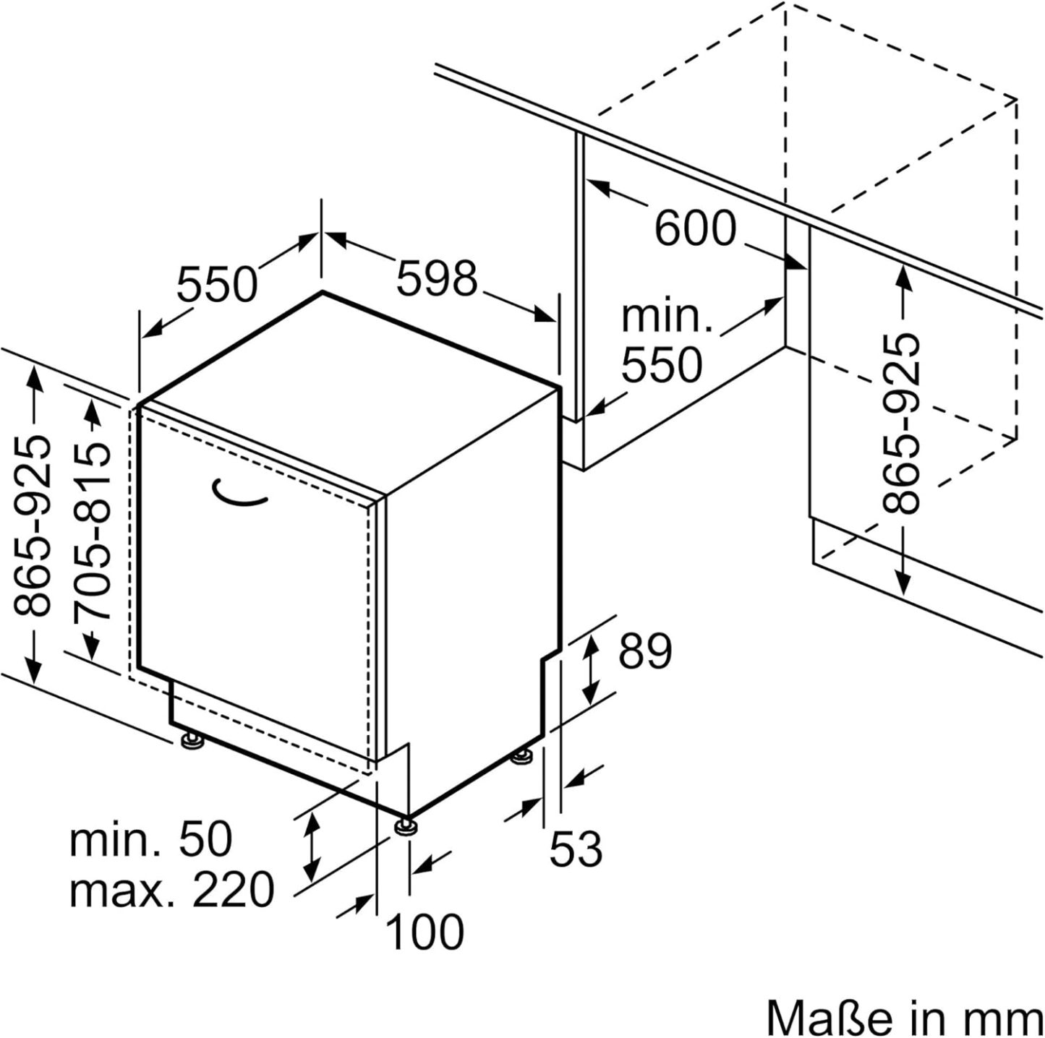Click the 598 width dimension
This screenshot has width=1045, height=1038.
point(437,278)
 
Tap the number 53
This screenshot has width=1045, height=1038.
point(576,849)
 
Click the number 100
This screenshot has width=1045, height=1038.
point(425,932)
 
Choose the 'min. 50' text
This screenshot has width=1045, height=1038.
point(151,839)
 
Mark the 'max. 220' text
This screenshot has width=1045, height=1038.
point(171,889)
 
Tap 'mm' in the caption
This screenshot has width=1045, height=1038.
point(1012,1018)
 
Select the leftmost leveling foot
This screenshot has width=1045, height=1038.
point(191,740)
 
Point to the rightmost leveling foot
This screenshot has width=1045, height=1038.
point(521,757)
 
